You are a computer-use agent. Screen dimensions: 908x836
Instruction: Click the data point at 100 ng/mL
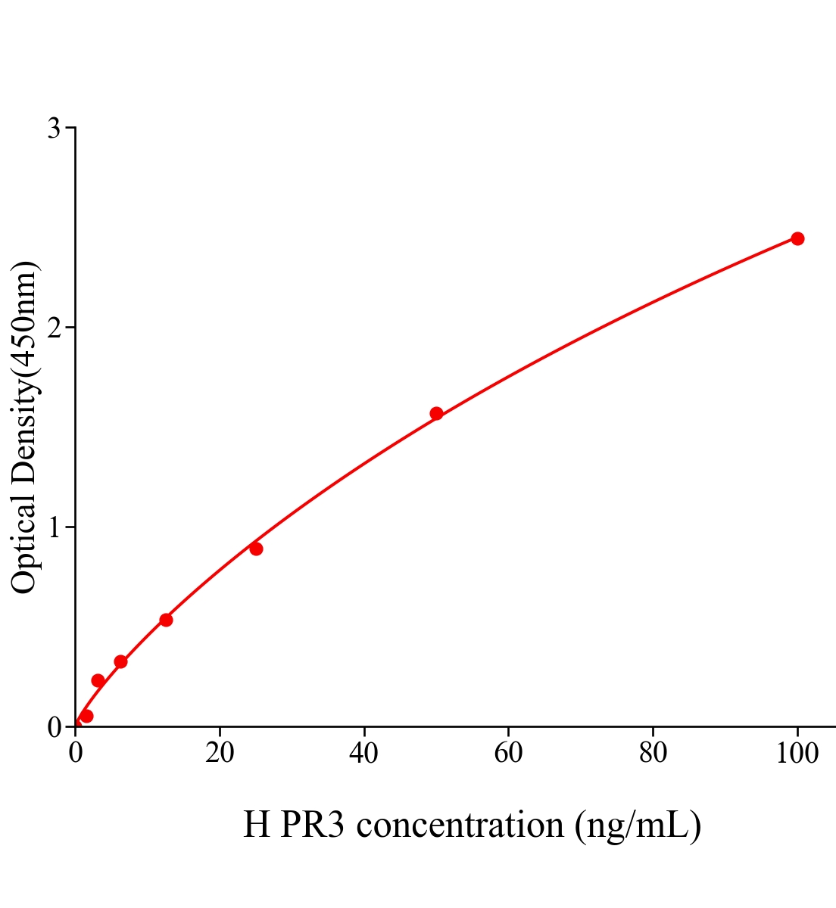tap(797, 238)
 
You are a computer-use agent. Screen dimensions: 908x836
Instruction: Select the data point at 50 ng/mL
tap(436, 413)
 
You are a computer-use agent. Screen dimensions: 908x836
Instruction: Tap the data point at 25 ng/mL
tap(256, 549)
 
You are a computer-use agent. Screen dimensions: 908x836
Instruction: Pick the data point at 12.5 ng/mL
tap(166, 620)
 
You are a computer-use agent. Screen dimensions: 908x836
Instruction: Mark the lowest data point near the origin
tap(86, 716)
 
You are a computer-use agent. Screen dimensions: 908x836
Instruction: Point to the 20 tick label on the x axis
tap(220, 754)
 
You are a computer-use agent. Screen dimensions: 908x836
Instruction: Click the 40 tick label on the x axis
tap(364, 754)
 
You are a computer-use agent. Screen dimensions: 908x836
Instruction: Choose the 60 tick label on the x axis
tap(508, 754)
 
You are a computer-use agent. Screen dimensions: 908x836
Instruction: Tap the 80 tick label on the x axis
tap(653, 754)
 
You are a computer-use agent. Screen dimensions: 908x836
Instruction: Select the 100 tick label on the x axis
tap(797, 754)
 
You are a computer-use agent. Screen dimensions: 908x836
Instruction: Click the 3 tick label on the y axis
tap(54, 129)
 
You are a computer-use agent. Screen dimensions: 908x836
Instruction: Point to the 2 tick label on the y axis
tap(54, 328)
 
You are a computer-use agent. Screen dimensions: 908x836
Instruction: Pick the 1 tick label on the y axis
tap(54, 527)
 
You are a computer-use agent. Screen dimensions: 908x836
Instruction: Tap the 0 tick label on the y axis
tap(54, 727)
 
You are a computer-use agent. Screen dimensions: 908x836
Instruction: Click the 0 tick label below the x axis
tap(76, 754)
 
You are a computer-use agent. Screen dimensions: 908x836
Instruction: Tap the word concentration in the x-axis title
tap(460, 824)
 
